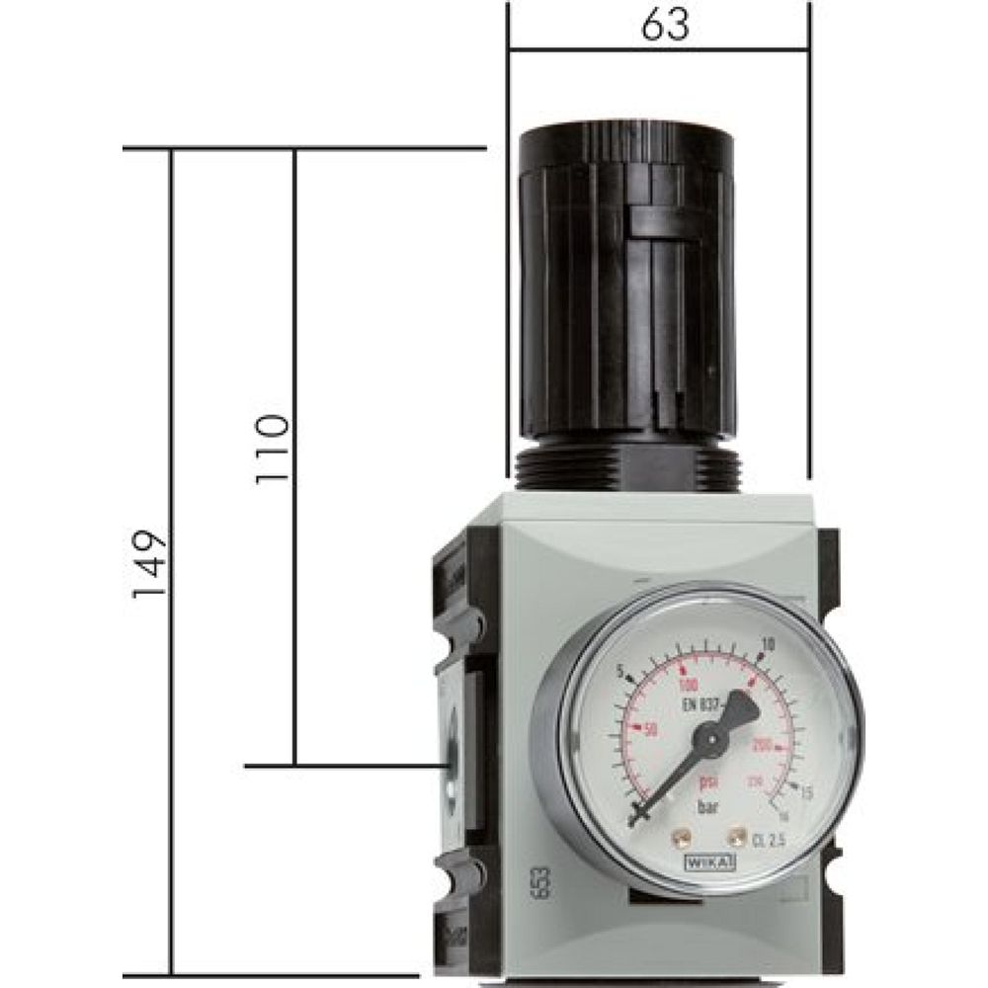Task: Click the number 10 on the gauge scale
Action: pyautogui.click(x=767, y=644)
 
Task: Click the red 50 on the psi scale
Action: pyautogui.click(x=650, y=729)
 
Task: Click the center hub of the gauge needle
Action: pyautogui.click(x=708, y=736)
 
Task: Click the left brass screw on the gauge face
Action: pyautogui.click(x=680, y=839)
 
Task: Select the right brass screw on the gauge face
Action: pyautogui.click(x=734, y=838)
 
